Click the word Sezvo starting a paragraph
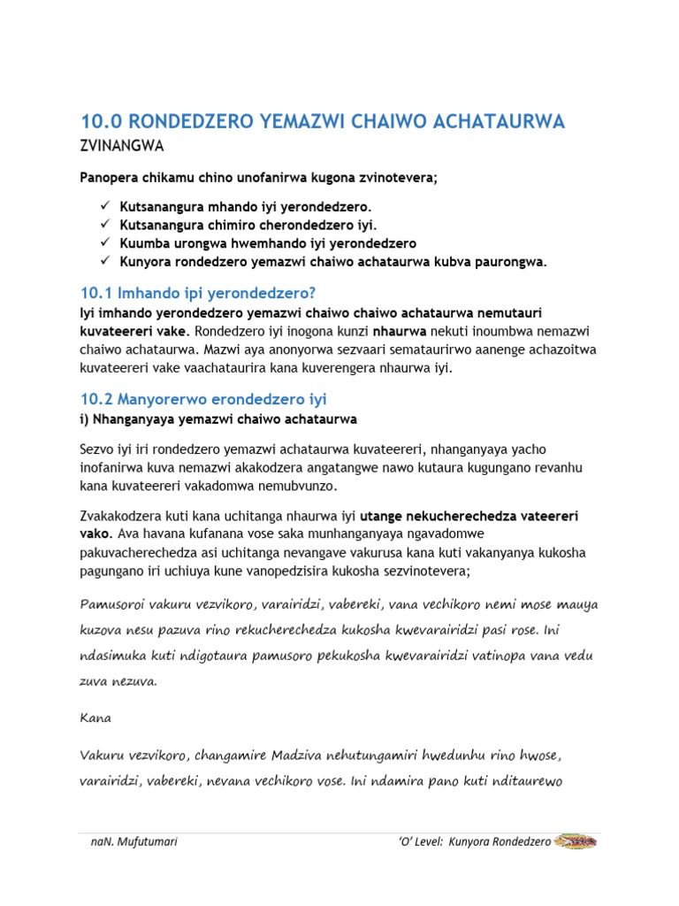[x=98, y=450]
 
